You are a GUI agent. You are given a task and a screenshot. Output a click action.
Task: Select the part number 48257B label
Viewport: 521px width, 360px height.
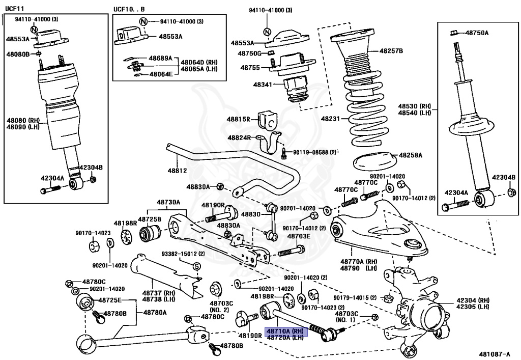(x=391, y=51)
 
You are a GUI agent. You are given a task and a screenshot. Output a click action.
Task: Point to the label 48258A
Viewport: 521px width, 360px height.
(x=411, y=154)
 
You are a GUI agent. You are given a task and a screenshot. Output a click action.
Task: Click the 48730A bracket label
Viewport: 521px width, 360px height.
(x=168, y=202)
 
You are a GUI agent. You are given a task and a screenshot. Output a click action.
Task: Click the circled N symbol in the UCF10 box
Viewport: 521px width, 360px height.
(x=143, y=21)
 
